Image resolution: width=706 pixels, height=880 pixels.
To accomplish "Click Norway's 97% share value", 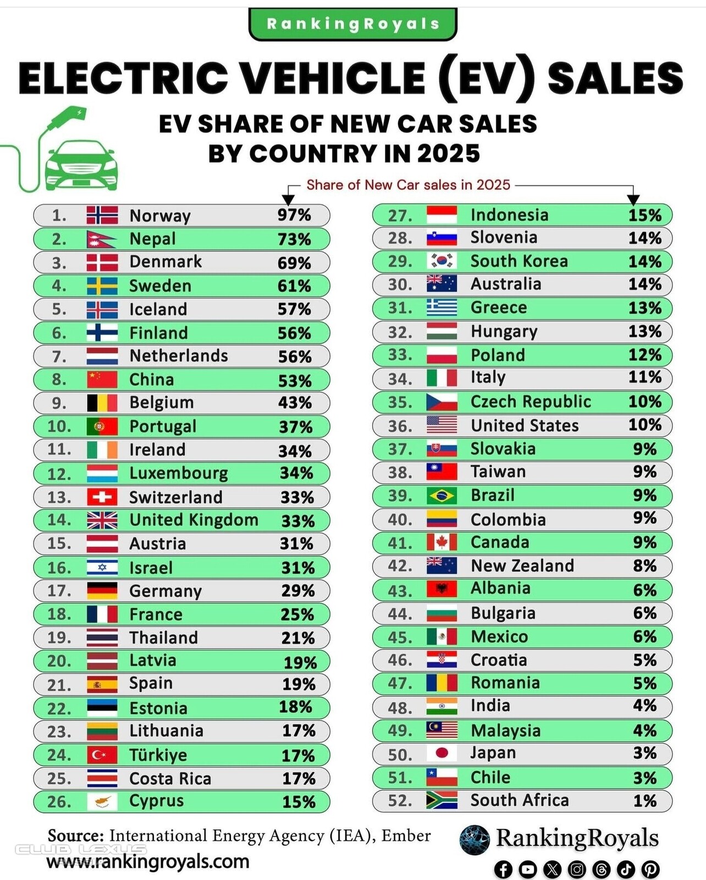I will point(294,215).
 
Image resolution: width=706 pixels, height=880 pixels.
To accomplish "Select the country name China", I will point(151,380).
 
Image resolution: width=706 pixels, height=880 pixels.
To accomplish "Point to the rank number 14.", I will point(59,520).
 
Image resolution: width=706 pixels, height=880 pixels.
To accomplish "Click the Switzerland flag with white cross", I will point(102,497).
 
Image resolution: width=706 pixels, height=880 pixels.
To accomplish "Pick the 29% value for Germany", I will point(297,591).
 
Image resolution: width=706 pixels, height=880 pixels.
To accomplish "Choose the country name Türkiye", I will point(158,755).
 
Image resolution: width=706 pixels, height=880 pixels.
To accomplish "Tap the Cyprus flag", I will point(102,801).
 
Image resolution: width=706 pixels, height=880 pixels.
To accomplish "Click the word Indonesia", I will point(509,215).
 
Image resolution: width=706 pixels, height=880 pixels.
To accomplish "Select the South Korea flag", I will point(442,261).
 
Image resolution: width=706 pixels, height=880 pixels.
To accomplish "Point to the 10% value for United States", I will point(644,425).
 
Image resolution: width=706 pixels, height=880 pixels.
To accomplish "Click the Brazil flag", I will point(442,496).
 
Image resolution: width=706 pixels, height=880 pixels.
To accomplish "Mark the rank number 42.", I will point(400,566).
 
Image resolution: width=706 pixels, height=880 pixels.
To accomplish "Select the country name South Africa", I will point(519,800).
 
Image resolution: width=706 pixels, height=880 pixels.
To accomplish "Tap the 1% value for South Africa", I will point(644,800).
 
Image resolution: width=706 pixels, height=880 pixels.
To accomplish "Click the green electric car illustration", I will point(81,163).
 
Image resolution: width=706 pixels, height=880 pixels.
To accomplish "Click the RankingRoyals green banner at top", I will point(352,24).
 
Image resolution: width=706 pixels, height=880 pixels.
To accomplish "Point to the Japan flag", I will point(442,754).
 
